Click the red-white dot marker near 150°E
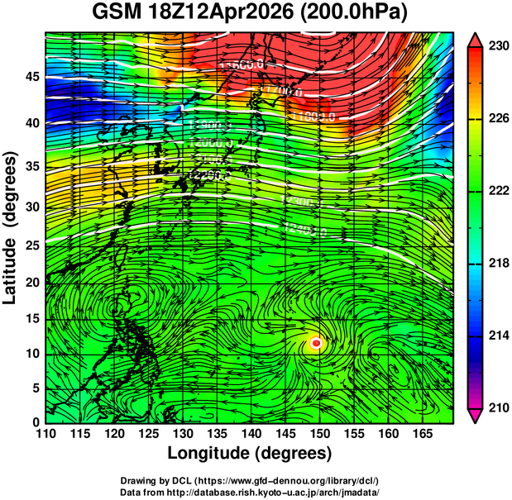(x=316, y=342)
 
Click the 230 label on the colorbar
(x=497, y=47)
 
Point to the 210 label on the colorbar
(x=497, y=407)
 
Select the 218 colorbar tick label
(x=497, y=264)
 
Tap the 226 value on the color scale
(x=497, y=119)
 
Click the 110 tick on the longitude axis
(x=46, y=434)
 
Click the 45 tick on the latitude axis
(x=30, y=76)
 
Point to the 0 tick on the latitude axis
(x=34, y=422)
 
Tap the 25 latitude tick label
(x=30, y=245)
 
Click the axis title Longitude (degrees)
(x=249, y=453)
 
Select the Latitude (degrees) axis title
(x=12, y=227)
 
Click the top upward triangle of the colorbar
(x=476, y=39)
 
